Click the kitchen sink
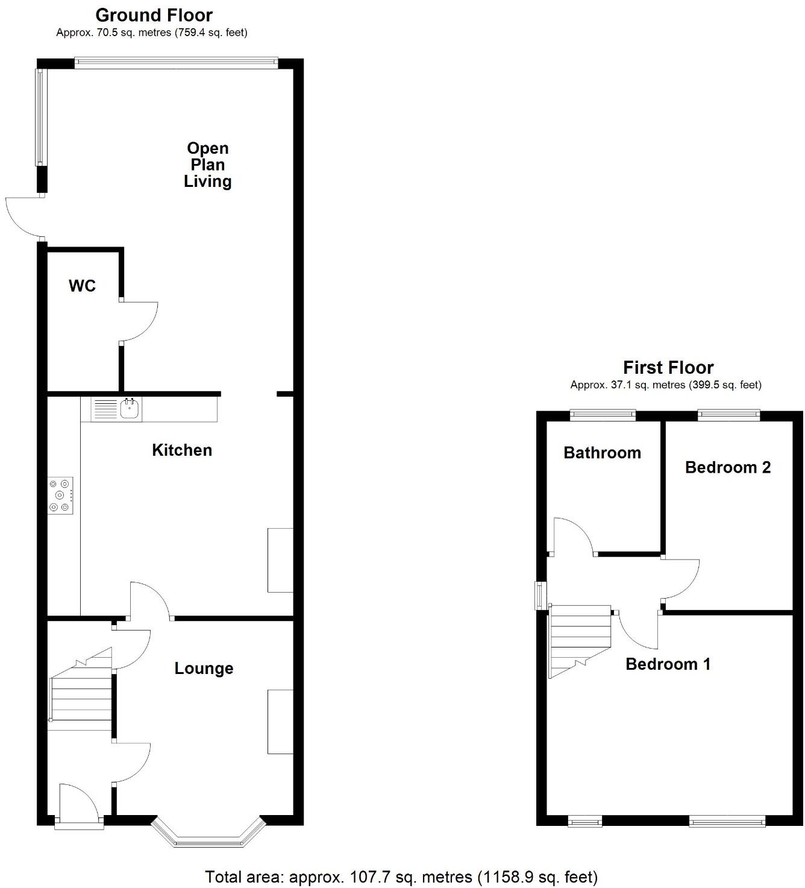[x=130, y=409]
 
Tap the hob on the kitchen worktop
[x=60, y=496]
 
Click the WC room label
[x=82, y=286]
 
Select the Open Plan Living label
[x=208, y=165]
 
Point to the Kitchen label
[x=182, y=450]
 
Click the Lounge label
[x=204, y=669]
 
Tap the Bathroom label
[x=602, y=453]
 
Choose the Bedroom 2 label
[x=728, y=467]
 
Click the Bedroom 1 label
[x=668, y=664]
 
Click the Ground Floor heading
[x=154, y=15]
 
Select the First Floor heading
[x=668, y=368]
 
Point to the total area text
[x=401, y=877]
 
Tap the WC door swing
[x=139, y=322]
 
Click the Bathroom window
[x=603, y=414]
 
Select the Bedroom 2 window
[x=728, y=414]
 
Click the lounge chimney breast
[x=280, y=722]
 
